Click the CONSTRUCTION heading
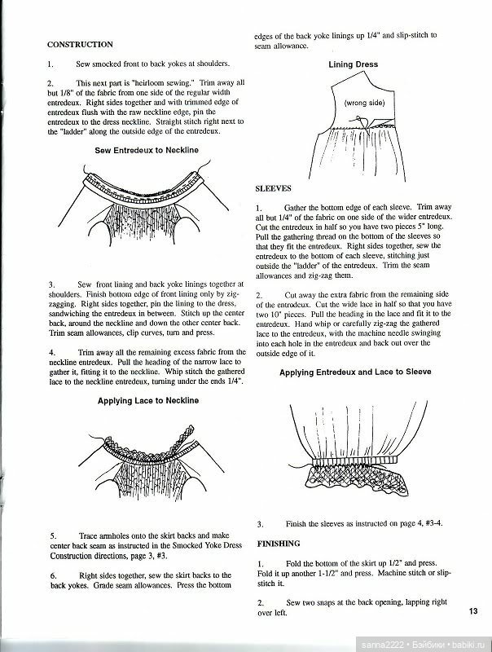[80, 44]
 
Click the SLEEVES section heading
[274, 188]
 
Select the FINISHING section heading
[279, 543]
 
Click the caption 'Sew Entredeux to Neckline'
[147, 151]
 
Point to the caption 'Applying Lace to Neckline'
[147, 401]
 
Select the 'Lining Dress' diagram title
[357, 64]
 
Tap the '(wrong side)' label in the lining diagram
[363, 104]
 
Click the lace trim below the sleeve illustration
[358, 478]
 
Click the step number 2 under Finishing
[259, 601]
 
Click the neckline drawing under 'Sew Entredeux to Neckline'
[145, 200]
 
